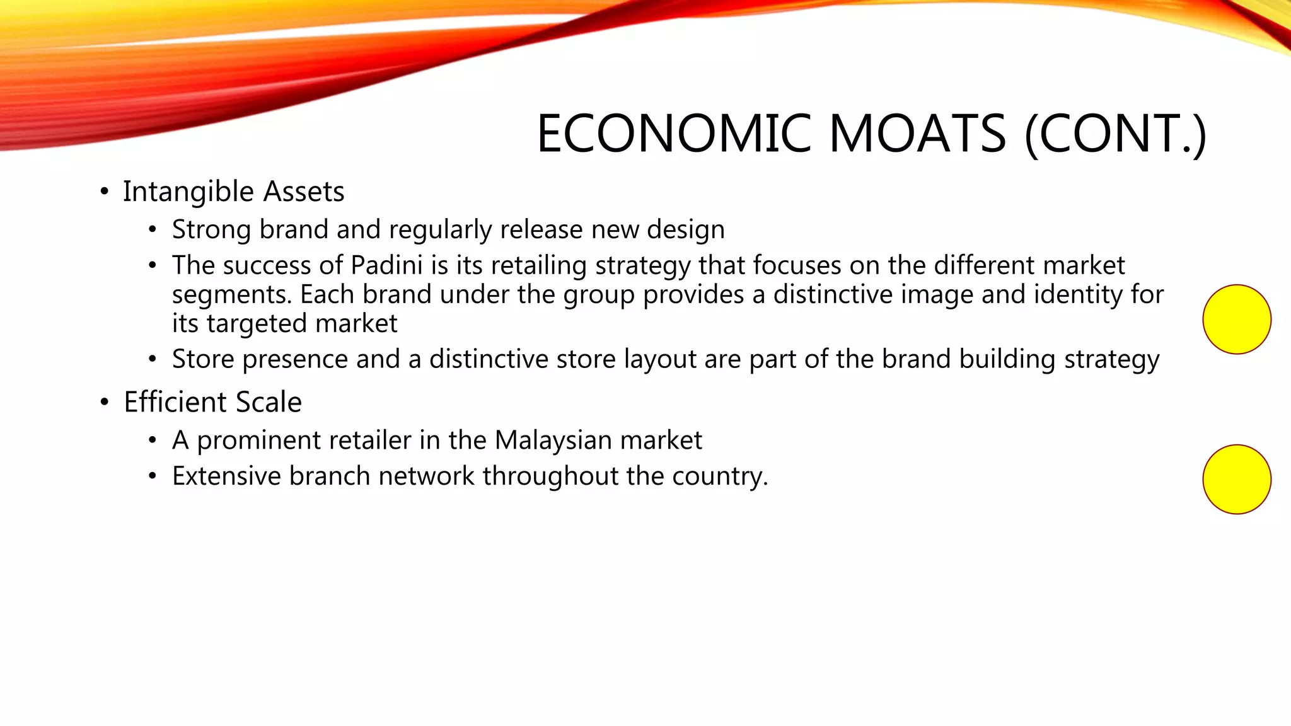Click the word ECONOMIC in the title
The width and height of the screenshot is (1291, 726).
tap(674, 134)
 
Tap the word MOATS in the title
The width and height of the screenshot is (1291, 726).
tap(917, 134)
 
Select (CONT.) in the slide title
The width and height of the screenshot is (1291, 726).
tap(1115, 134)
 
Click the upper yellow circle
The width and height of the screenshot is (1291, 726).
tap(1237, 320)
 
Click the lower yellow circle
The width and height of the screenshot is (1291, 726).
tap(1237, 480)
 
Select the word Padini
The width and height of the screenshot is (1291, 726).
tap(386, 265)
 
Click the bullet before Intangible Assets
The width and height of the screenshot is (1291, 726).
tap(105, 192)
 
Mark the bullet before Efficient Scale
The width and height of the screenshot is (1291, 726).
tap(105, 402)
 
